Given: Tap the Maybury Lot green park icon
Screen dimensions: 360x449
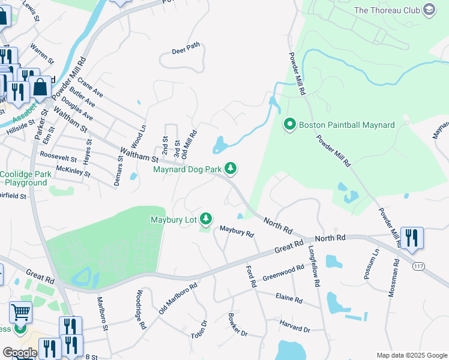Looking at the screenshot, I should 206,219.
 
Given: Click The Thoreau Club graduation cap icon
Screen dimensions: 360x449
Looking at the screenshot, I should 429,10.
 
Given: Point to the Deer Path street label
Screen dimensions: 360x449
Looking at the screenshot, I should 185,50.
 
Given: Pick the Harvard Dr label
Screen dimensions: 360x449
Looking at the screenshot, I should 294,329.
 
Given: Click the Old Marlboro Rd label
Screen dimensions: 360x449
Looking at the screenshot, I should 178,299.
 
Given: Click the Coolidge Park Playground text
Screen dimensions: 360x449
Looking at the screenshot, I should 25,178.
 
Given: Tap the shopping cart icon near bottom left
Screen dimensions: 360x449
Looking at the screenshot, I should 20,312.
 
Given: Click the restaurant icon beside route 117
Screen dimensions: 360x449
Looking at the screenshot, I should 412,238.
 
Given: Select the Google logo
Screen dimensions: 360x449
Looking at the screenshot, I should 19,353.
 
